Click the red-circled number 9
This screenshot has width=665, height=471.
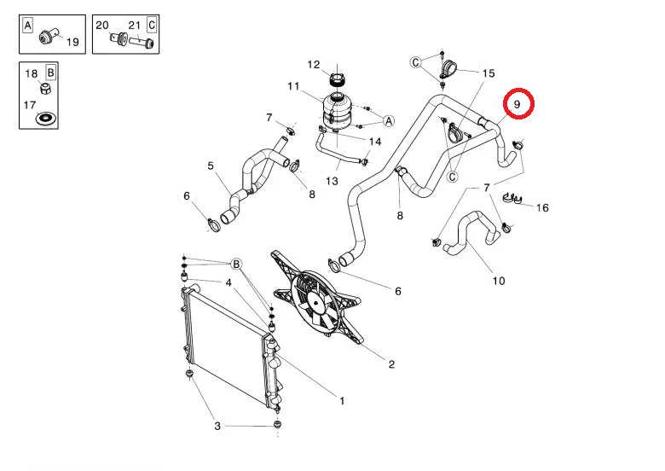(x=517, y=104)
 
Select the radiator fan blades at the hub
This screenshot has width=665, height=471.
(x=317, y=303)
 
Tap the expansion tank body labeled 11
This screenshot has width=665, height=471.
(x=336, y=112)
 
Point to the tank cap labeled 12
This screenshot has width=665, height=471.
(x=337, y=79)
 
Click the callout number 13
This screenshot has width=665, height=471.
(x=332, y=181)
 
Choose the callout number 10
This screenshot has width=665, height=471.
(x=499, y=281)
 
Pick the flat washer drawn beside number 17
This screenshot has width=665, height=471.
(x=45, y=118)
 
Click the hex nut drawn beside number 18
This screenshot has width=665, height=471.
(x=46, y=88)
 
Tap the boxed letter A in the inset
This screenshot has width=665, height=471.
(x=27, y=26)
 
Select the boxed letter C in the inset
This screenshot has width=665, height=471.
(x=152, y=26)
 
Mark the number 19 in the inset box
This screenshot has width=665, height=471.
(x=72, y=42)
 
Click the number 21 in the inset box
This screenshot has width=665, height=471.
(x=135, y=26)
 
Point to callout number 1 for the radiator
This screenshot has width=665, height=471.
(x=342, y=400)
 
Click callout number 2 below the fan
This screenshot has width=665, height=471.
(x=391, y=364)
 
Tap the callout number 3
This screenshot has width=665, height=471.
(x=217, y=426)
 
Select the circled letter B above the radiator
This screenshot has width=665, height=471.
(x=236, y=264)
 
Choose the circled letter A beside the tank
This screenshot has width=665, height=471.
(x=389, y=121)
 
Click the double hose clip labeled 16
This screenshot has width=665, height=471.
(x=512, y=198)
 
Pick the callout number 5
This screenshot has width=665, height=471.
(x=211, y=166)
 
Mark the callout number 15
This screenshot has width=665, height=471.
(x=489, y=73)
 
